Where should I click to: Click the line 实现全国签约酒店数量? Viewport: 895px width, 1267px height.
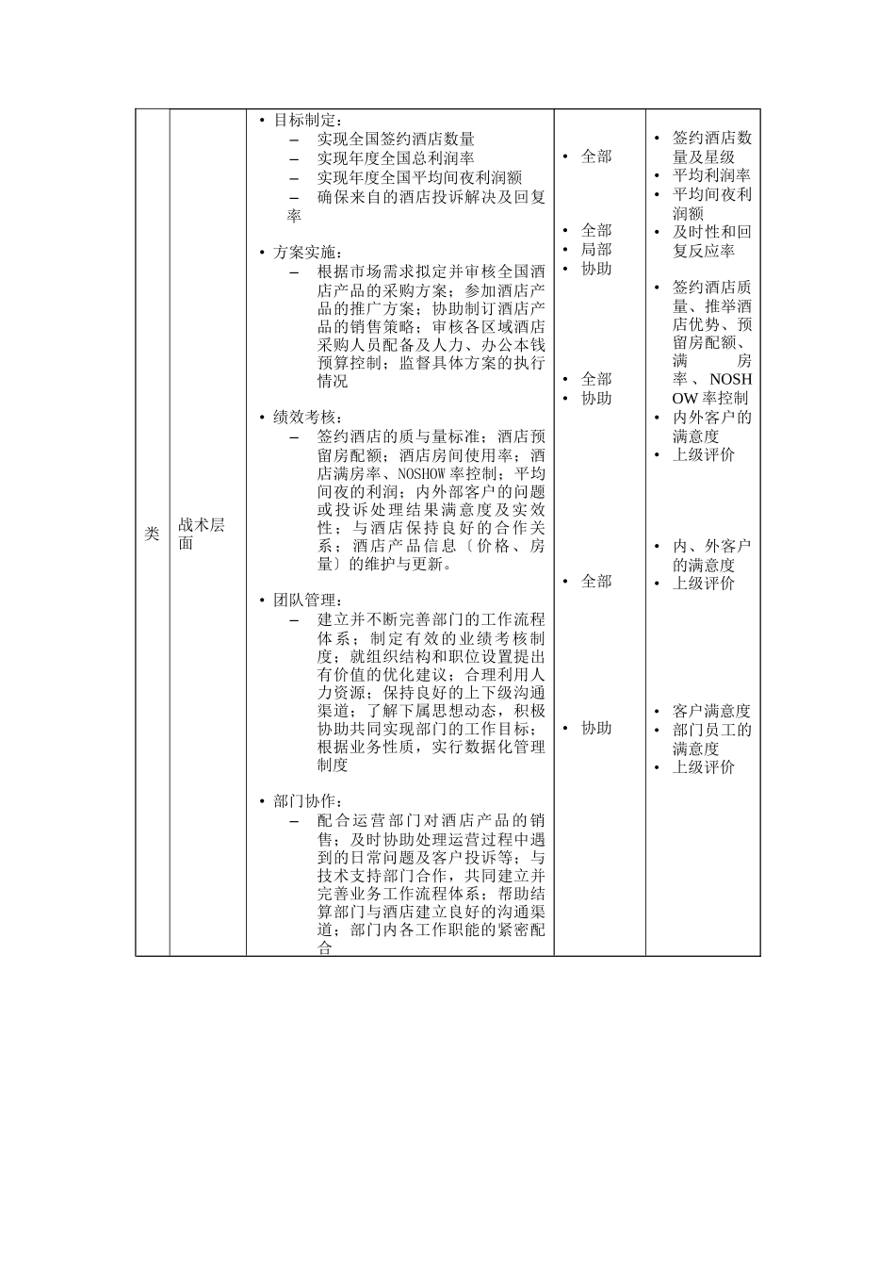pos(396,140)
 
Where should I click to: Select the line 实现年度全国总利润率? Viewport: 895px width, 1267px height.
pos(396,158)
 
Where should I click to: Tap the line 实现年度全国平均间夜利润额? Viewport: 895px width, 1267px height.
pos(419,177)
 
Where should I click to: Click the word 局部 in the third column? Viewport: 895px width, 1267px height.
pos(596,249)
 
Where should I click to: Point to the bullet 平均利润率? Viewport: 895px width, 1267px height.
pos(711,175)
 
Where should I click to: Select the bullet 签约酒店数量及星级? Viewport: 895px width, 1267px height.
pos(711,147)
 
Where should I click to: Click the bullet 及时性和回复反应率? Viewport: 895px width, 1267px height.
pos(711,241)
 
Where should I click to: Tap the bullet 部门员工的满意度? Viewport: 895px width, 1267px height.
pos(711,739)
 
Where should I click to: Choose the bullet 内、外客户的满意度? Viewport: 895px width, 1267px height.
pos(711,555)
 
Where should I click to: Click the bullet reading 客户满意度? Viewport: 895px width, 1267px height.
pos(711,711)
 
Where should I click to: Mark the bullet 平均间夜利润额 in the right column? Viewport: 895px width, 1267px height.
pos(711,204)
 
